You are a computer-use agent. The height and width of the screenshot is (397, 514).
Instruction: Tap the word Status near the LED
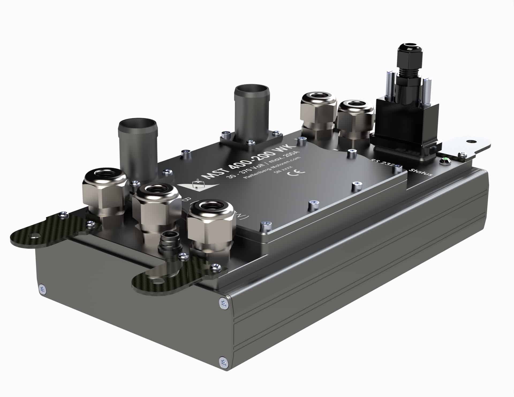(x=421, y=171)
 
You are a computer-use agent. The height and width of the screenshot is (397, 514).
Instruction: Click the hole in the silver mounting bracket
(x=470, y=141)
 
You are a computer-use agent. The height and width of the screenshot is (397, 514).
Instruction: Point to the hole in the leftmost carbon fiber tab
(x=34, y=236)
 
